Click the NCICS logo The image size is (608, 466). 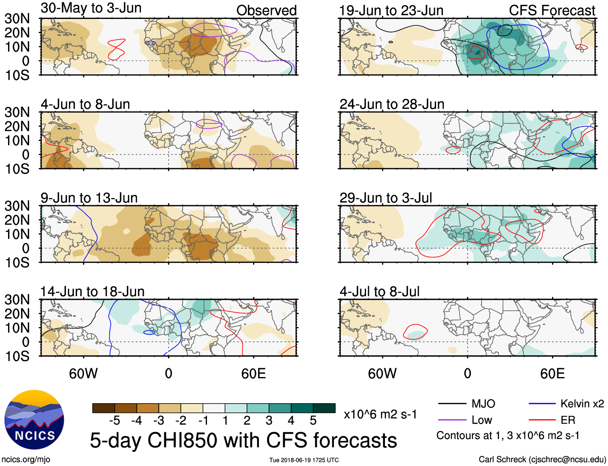tap(34, 420)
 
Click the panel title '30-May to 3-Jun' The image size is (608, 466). tap(91, 8)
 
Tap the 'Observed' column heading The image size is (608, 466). tap(266, 10)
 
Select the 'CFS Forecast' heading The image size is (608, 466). tap(552, 10)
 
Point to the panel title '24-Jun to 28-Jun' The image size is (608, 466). tap(392, 104)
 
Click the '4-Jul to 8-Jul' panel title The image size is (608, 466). tap(379, 291)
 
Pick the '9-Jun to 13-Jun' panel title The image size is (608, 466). tap(89, 198)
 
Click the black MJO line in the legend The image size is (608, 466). tap(452, 404)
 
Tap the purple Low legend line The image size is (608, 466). tap(452, 420)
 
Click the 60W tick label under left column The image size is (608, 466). tap(83, 374)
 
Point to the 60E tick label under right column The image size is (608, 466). tap(552, 374)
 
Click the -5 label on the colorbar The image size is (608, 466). tap(114, 421)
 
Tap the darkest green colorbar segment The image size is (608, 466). tap(324, 408)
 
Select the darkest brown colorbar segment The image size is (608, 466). tap(103, 408)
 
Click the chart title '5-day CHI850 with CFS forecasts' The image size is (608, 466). tap(243, 440)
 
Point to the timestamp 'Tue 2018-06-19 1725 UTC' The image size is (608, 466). tap(304, 460)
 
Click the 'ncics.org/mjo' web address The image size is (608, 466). tap(26, 460)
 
